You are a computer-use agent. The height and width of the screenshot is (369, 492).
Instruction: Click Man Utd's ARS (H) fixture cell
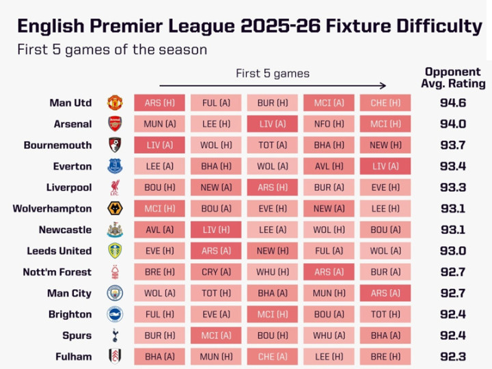pyautogui.click(x=159, y=102)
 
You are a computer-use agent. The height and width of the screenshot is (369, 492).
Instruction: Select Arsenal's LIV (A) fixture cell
pyautogui.click(x=272, y=124)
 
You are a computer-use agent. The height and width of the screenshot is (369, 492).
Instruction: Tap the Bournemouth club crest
pyautogui.click(x=115, y=145)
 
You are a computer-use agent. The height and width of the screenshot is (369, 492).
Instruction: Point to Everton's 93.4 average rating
pyautogui.click(x=453, y=166)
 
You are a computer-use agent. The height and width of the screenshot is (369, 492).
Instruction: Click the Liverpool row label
pyautogui.click(x=69, y=187)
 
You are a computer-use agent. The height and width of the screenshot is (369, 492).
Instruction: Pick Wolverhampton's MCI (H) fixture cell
pyautogui.click(x=159, y=208)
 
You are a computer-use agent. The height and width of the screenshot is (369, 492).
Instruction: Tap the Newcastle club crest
pyautogui.click(x=115, y=230)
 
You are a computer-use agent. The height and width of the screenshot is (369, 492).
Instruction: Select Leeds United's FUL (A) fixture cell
pyautogui.click(x=329, y=251)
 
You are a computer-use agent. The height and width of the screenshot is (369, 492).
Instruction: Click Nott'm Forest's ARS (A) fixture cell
pyautogui.click(x=329, y=272)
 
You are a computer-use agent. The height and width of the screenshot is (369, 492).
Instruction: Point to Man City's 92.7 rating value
pyautogui.click(x=453, y=293)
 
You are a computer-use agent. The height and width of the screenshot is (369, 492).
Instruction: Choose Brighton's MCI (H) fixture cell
pyautogui.click(x=272, y=314)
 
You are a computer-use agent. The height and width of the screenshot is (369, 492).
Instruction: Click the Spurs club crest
pyautogui.click(x=115, y=336)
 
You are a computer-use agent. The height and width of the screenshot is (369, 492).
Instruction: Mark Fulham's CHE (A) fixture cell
pyautogui.click(x=272, y=357)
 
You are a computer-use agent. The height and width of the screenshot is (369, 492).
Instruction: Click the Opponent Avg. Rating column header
pyautogui.click(x=453, y=78)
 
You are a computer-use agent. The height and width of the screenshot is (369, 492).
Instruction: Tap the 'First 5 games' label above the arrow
pyautogui.click(x=272, y=73)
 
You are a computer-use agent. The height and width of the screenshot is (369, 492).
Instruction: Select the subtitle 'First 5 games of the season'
pyautogui.click(x=112, y=50)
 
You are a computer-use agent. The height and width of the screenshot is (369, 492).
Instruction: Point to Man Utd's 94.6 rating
pyautogui.click(x=453, y=102)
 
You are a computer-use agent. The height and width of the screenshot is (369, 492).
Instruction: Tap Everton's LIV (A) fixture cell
pyautogui.click(x=385, y=166)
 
